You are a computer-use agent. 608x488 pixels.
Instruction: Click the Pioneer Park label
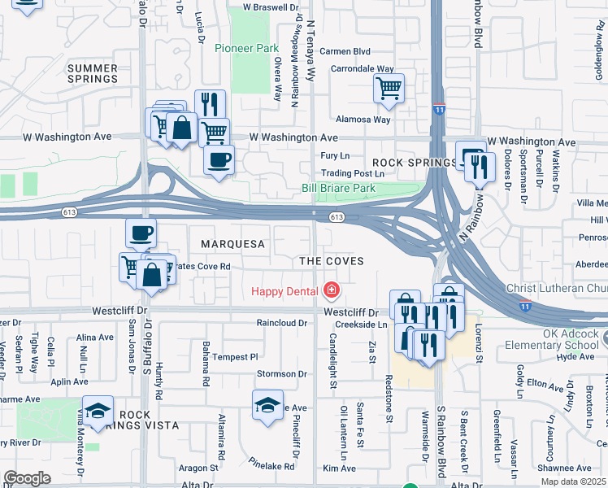(246, 48)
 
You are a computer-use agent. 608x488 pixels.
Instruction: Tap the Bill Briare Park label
(338, 188)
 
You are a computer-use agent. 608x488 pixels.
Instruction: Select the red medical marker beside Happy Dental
(331, 290)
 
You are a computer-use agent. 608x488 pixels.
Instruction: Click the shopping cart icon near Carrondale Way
(389, 89)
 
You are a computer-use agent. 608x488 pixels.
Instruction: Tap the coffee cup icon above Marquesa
(141, 233)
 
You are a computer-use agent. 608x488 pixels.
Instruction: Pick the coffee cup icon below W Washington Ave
(219, 160)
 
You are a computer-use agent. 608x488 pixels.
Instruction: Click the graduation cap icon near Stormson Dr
(267, 406)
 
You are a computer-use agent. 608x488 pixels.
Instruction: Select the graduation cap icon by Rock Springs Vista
(97, 411)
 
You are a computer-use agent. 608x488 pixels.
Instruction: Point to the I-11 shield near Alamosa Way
(439, 108)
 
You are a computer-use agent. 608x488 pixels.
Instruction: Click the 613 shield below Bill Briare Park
(337, 217)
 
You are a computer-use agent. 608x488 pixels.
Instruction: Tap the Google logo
(27, 478)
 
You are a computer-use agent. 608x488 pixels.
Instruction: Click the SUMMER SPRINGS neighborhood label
(93, 73)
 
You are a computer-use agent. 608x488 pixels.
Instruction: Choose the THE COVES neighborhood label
(331, 260)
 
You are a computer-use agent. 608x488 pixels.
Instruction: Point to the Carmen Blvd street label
(345, 50)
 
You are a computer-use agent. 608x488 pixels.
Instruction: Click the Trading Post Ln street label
(352, 173)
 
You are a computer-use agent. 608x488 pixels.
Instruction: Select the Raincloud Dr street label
(281, 323)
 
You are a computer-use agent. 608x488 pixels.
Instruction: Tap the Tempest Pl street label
(235, 356)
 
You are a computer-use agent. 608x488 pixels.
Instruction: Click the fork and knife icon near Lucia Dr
(211, 104)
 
